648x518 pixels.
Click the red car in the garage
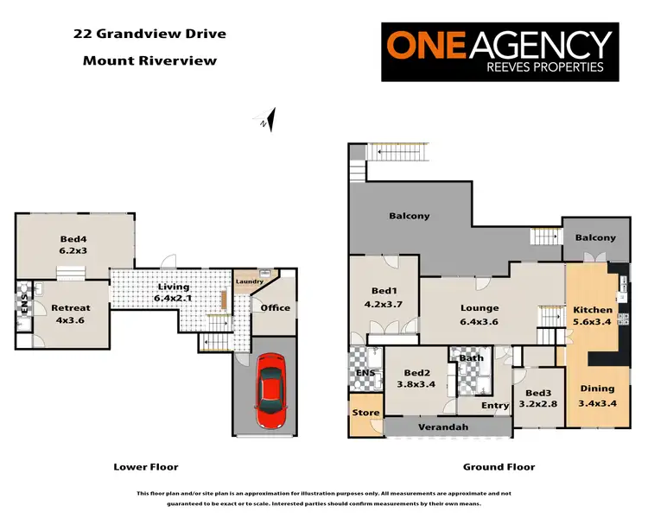[270, 392]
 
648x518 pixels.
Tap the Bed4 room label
[74, 244]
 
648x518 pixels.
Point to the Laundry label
[251, 281]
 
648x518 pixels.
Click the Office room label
[276, 307]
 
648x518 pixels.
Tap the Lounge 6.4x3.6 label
[479, 314]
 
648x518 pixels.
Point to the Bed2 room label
[416, 377]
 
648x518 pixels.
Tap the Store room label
[365, 413]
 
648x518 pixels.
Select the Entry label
[495, 406]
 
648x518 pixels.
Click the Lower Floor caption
[146, 467]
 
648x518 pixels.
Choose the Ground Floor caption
[499, 467]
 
